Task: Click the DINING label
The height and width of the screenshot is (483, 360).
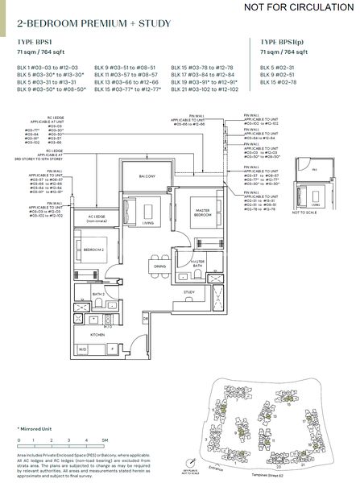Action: tap(159, 266)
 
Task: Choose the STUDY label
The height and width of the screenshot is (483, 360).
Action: tap(190, 292)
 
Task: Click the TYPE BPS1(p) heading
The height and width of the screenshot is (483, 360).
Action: tap(279, 40)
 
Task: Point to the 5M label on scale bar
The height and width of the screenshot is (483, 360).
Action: tap(106, 441)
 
